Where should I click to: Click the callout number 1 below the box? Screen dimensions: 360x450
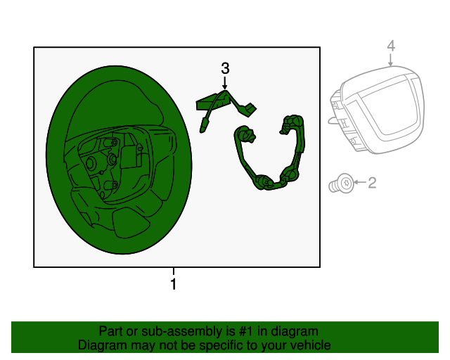(x=174, y=285)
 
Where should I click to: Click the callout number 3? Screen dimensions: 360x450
(x=225, y=68)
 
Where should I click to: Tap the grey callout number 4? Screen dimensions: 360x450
(x=391, y=46)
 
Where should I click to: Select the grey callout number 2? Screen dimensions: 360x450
(x=373, y=183)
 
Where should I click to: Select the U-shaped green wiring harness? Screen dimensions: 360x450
(x=271, y=158)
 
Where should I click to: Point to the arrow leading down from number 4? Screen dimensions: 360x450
(x=391, y=60)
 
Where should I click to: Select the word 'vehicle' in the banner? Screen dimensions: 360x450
(x=309, y=345)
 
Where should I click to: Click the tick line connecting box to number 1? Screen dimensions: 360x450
(x=174, y=271)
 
